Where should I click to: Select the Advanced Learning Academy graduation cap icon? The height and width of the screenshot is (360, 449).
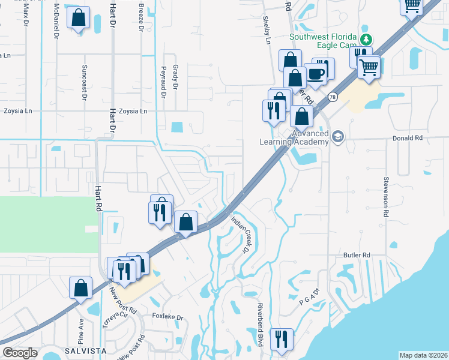tap(338, 137)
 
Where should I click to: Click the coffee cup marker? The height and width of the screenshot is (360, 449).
tap(316, 74)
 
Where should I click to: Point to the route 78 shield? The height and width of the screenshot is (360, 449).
tap(332, 97)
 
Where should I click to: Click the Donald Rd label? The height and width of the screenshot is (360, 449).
tap(408, 137)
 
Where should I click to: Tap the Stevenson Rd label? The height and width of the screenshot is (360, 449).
tap(385, 196)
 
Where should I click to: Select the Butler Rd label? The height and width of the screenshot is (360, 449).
tap(358, 255)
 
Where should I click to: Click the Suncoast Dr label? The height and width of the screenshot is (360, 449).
tap(85, 76)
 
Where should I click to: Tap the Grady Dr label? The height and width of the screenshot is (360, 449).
tap(176, 77)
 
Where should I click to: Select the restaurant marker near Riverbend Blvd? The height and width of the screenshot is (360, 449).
tap(281, 339)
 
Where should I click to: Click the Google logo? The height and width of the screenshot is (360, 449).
tap(20, 353)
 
